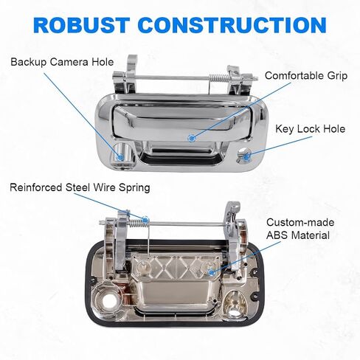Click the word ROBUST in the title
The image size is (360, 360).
tap(81, 25)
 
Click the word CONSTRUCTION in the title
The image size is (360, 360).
tap(232, 25)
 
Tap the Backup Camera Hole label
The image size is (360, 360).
tap(62, 62)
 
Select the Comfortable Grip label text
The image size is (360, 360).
tap(306, 76)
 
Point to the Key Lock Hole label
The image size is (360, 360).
tap(311, 129)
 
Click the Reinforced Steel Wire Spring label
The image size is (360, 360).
tap(80, 187)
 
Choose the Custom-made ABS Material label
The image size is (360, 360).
tap(300, 229)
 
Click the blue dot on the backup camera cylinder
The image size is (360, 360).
tap(120, 157)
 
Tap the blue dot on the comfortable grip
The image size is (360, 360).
tap(191, 138)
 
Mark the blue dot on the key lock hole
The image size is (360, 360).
tap(246, 156)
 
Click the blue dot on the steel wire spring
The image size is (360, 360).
tap(145, 220)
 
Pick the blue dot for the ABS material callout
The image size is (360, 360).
tap(211, 272)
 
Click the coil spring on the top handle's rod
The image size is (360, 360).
tap(218, 78)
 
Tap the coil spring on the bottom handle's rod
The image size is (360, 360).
tap(136, 223)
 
